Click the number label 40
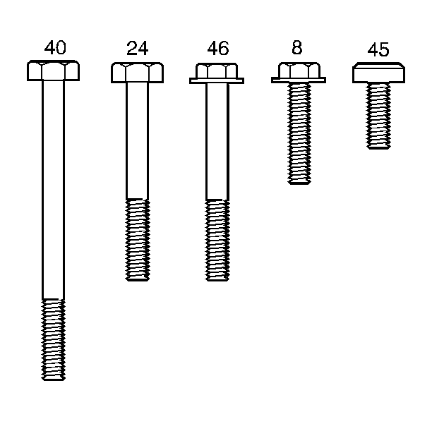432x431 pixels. (55, 48)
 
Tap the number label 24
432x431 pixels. (137, 48)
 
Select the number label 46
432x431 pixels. (218, 48)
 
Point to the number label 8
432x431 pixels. (297, 47)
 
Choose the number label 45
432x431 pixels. (378, 49)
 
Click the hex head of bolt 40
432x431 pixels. (53, 71)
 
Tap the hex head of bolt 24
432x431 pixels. (137, 73)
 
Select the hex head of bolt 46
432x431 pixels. (217, 71)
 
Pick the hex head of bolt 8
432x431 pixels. (299, 70)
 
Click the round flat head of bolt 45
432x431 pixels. (378, 73)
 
